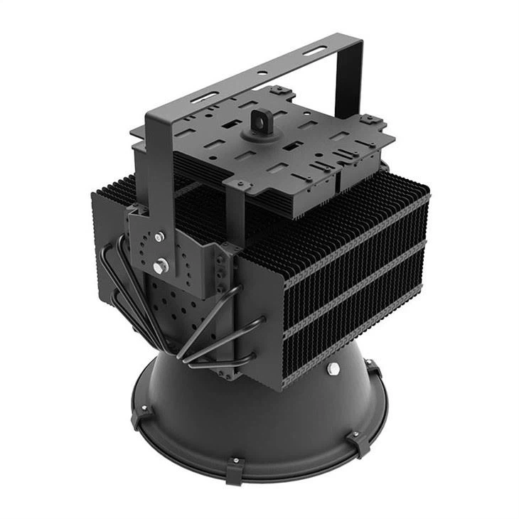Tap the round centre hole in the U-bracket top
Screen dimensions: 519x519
pyautogui.click(x=262, y=73)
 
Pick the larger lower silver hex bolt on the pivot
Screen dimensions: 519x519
pyautogui.click(x=161, y=266)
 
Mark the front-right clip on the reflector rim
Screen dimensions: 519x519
pyautogui.click(x=360, y=442)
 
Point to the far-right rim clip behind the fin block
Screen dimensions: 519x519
pyautogui.click(x=374, y=370)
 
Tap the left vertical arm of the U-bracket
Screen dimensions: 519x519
pyautogui.click(x=160, y=164)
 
